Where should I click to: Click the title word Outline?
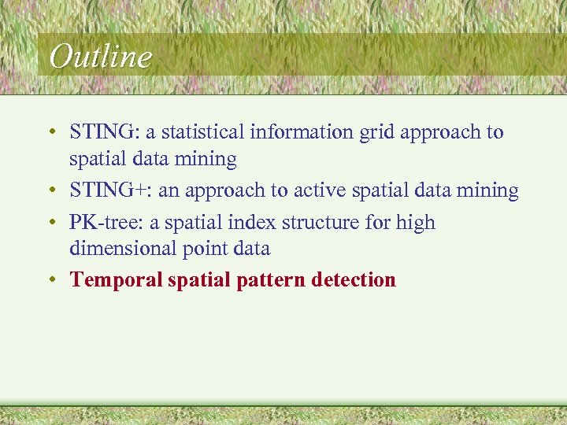pos(99,57)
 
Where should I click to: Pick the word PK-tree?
pos(106,223)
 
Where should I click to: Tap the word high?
pos(415,223)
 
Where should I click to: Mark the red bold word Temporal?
pos(116,279)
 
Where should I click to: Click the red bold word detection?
pos(354,279)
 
